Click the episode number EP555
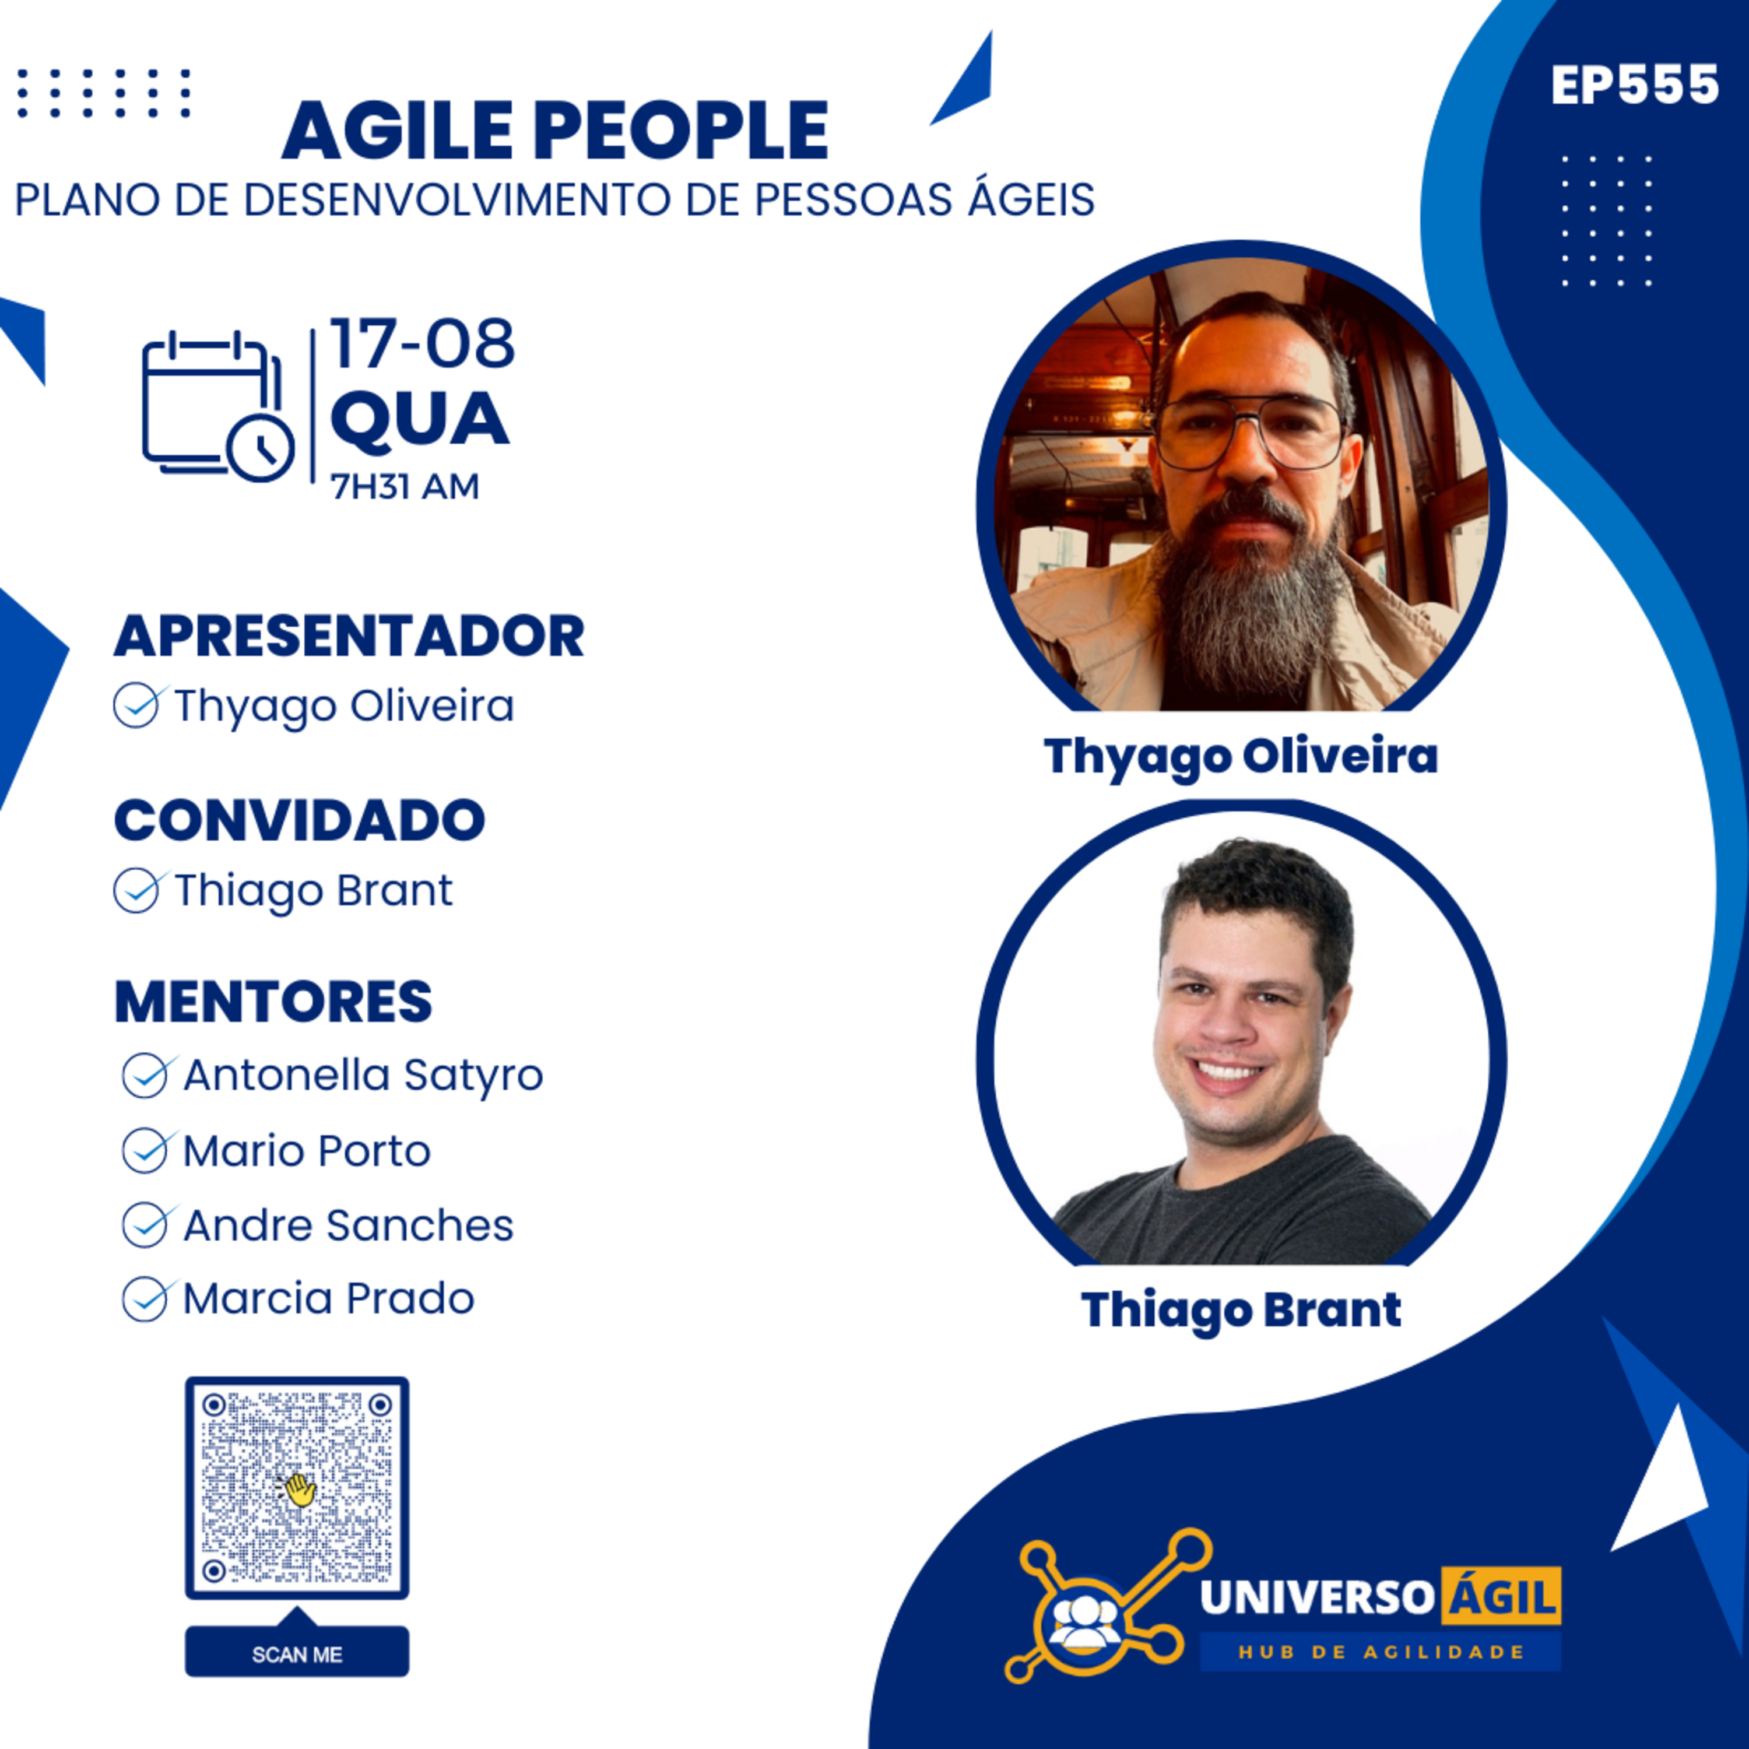click(1635, 86)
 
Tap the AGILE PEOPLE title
click(555, 131)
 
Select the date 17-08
click(422, 344)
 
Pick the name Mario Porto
click(307, 1151)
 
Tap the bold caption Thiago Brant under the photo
click(1241, 1311)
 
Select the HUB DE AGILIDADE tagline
click(1381, 1652)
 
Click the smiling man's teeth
click(1228, 1073)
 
